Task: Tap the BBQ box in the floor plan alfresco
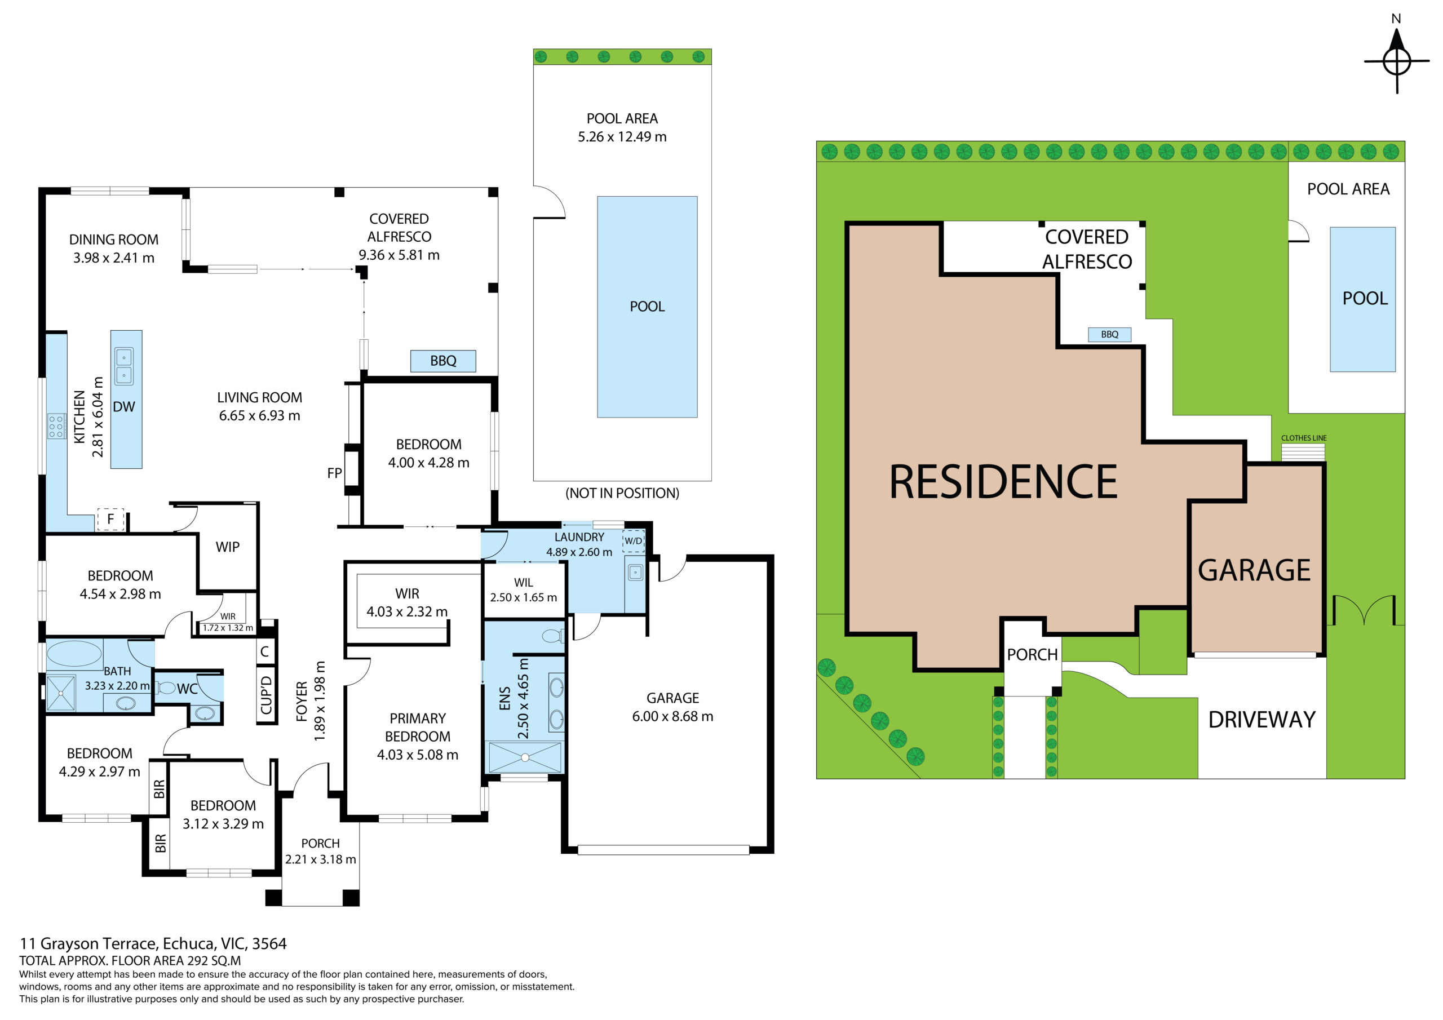(443, 361)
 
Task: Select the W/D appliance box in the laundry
(634, 540)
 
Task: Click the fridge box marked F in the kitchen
(110, 519)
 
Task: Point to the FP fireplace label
(334, 473)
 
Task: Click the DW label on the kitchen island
(124, 407)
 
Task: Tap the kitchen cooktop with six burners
(56, 426)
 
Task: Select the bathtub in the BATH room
(74, 654)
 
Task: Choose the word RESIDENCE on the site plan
(1003, 482)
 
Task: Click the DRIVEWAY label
(1262, 720)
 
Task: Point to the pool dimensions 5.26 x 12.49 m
(622, 137)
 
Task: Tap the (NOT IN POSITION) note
(622, 493)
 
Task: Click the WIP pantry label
(228, 547)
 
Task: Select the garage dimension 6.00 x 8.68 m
(672, 716)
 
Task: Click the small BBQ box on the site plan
(1109, 334)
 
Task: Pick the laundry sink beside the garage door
(635, 572)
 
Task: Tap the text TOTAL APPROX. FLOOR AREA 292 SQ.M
(130, 960)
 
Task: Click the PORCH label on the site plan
(1032, 655)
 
